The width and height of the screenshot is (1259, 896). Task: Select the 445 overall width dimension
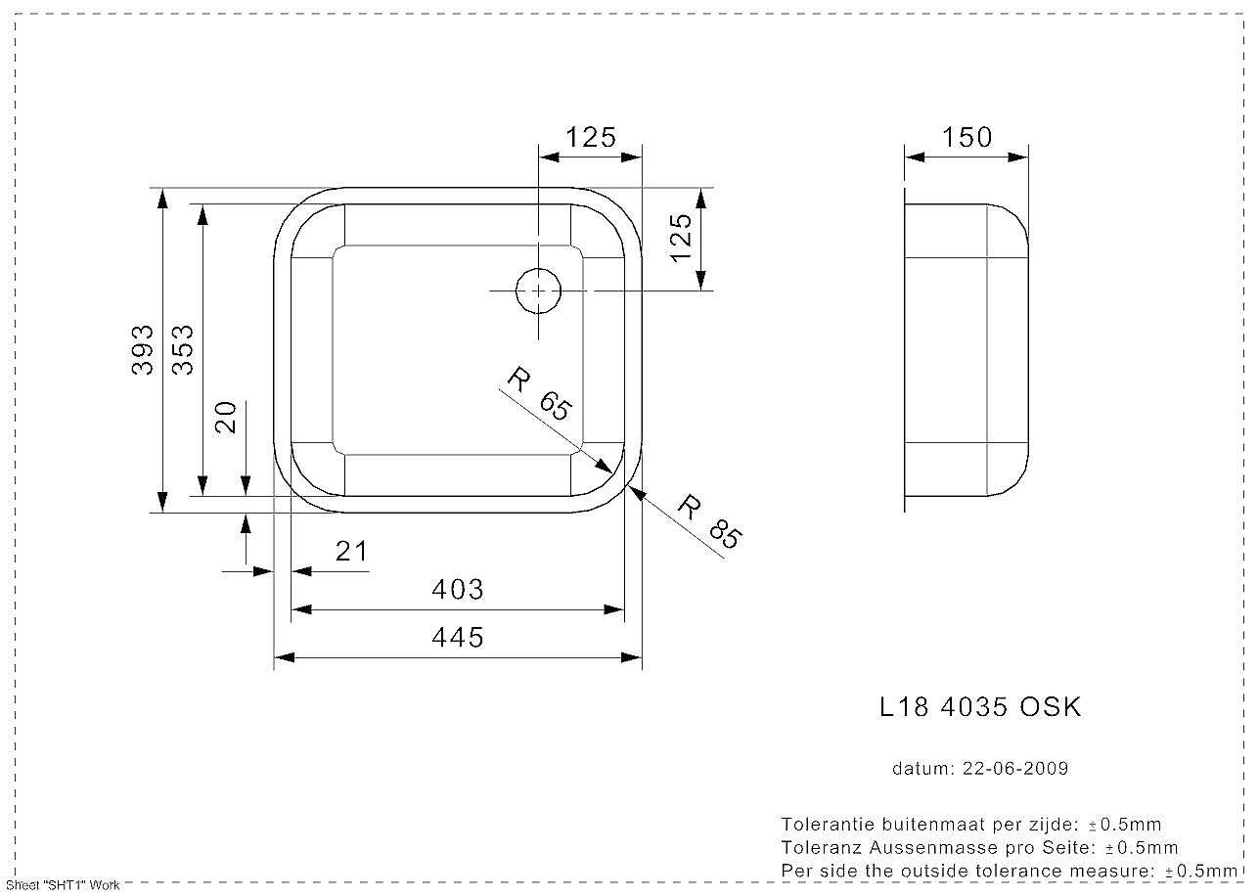458,638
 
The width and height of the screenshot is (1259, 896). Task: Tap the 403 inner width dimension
458,589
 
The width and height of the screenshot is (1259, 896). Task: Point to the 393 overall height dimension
142,349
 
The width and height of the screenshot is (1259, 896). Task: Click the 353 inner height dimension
182,349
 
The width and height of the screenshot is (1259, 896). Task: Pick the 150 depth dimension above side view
967,137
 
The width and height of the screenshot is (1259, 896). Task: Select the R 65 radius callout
540,393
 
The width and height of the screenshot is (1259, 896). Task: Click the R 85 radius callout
709,521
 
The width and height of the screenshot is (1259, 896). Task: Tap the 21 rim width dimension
351,551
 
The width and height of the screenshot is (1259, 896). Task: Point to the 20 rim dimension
227,417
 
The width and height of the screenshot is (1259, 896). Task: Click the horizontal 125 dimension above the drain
590,137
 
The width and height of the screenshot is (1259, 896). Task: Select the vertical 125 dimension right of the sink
681,238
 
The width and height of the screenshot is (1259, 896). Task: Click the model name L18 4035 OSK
980,707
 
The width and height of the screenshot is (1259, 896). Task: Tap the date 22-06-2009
1015,769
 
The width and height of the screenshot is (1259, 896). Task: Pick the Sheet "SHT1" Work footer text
63,885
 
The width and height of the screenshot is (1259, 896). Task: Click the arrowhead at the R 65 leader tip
604,466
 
